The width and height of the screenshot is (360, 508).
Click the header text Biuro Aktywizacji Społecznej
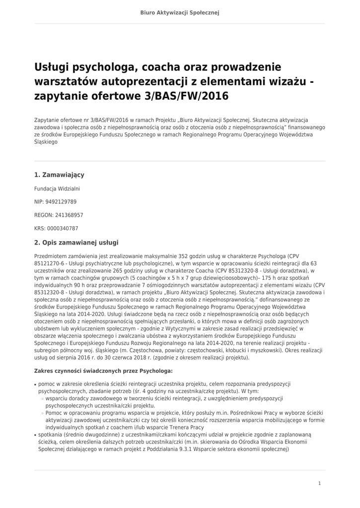click(x=180, y=12)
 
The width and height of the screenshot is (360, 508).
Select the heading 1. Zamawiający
click(x=59, y=175)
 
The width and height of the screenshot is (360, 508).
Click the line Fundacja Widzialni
click(x=57, y=189)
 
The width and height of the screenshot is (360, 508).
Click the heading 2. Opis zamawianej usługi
click(x=76, y=243)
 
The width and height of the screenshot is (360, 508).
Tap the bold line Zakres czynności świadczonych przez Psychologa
click(x=103, y=371)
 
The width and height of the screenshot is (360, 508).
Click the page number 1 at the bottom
click(x=320, y=483)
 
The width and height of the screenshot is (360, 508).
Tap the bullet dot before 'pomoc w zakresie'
click(x=35, y=384)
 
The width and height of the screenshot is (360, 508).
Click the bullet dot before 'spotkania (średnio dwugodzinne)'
click(x=35, y=435)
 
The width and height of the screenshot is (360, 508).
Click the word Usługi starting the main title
click(x=52, y=67)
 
